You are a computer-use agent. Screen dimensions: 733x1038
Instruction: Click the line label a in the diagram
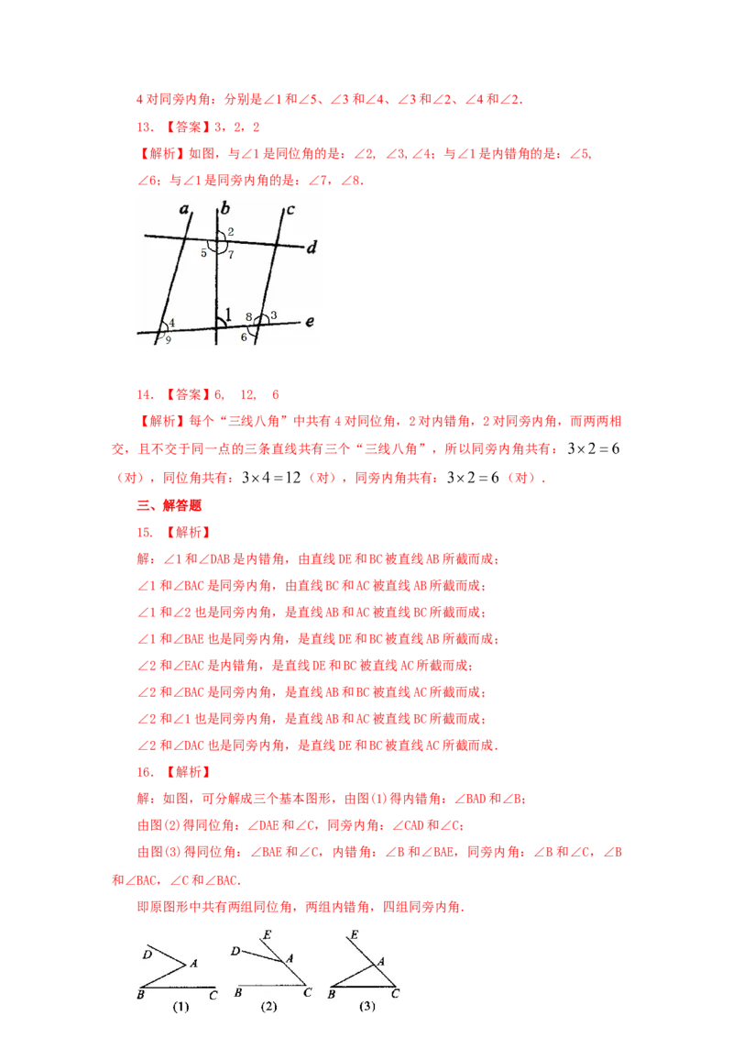click(184, 209)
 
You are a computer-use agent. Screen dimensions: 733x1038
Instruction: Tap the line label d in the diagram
click(312, 247)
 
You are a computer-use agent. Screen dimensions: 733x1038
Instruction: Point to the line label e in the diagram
click(309, 322)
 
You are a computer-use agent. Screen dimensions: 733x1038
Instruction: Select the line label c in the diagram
click(290, 210)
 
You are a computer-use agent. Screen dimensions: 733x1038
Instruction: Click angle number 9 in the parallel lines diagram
click(168, 339)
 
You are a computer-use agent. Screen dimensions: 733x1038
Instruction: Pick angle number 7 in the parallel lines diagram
click(231, 255)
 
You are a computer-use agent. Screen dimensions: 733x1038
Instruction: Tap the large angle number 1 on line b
click(228, 315)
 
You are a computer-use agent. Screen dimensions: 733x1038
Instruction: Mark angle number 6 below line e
click(244, 337)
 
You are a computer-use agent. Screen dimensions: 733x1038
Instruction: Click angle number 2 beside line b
click(230, 232)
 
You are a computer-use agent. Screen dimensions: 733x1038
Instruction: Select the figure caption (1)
click(181, 1007)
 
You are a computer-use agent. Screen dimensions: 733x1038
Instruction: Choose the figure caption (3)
click(367, 1006)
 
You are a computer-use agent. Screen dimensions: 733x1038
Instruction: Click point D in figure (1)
click(148, 954)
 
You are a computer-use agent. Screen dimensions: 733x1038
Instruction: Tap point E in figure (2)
click(268, 934)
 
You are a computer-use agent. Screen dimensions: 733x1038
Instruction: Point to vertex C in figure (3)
click(395, 994)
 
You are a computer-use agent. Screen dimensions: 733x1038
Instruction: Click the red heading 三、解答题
click(169, 505)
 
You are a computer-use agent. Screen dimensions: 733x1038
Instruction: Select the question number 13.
click(145, 127)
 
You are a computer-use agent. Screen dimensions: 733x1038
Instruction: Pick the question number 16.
click(145, 772)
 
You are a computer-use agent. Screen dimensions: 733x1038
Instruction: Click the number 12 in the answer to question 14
click(248, 394)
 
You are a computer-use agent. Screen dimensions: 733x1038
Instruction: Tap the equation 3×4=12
click(271, 478)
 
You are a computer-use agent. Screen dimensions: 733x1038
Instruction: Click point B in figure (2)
click(238, 993)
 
